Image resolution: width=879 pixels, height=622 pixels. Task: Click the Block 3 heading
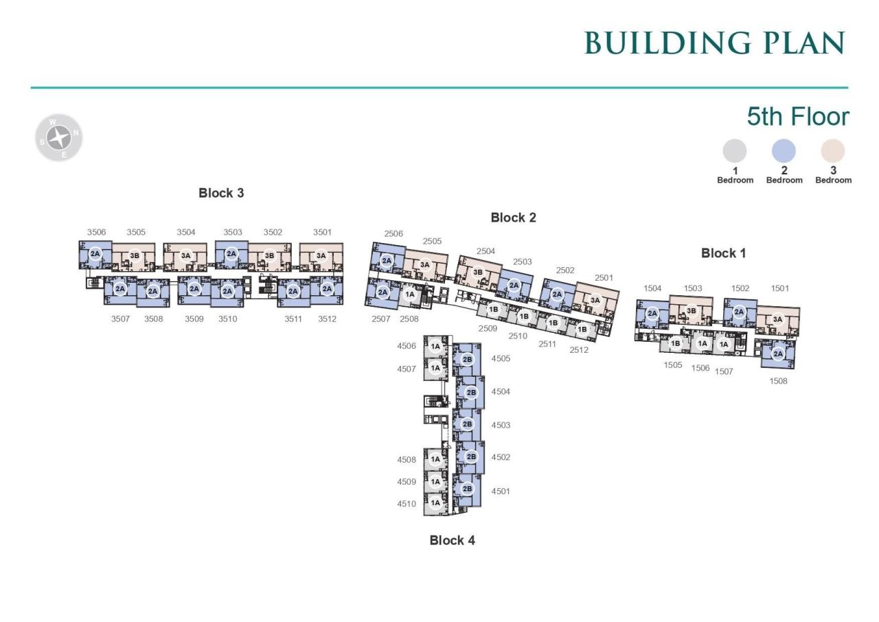221,193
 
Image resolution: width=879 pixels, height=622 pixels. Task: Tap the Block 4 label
452,540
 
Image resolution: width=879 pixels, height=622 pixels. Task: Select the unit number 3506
97,232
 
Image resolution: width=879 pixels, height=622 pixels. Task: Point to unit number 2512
579,350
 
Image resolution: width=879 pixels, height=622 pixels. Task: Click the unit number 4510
407,503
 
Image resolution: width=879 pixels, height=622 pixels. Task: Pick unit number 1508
778,381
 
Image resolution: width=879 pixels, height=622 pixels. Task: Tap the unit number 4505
501,358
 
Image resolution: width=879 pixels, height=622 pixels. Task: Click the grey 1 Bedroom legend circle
735,151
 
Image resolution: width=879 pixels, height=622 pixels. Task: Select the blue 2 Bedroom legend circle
784,151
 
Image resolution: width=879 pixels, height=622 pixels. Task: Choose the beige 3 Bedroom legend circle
833,151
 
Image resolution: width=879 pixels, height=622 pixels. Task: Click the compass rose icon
59,138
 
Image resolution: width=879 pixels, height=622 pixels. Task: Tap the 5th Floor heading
798,117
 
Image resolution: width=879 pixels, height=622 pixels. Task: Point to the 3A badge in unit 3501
321,255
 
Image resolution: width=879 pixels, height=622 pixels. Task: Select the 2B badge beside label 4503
467,424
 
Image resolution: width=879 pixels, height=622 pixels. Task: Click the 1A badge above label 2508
410,294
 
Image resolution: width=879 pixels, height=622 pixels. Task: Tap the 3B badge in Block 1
691,311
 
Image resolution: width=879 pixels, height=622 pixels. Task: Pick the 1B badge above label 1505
675,343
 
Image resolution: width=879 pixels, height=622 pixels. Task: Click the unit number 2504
486,251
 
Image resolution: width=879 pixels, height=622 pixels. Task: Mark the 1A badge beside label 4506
435,346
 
